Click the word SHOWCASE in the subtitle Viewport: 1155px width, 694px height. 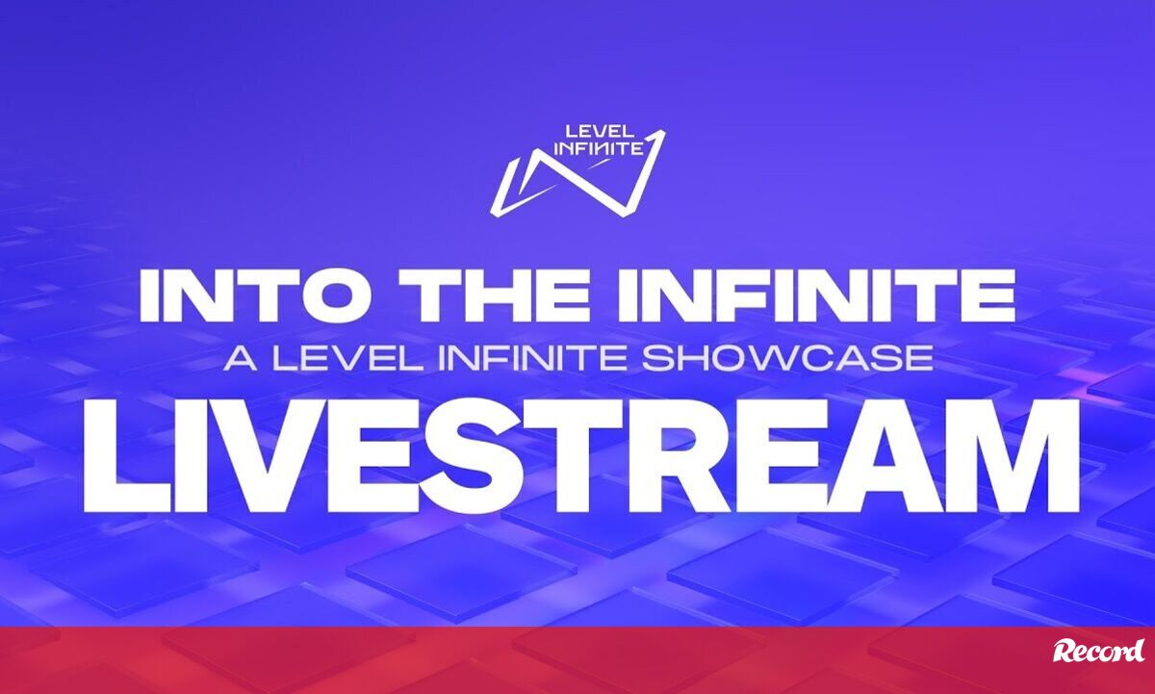tap(787, 358)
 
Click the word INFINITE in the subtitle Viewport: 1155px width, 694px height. tap(532, 358)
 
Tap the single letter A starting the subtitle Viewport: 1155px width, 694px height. tap(239, 358)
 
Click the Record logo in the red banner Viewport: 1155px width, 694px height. tap(1098, 651)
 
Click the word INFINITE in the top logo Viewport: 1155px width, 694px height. tap(598, 148)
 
